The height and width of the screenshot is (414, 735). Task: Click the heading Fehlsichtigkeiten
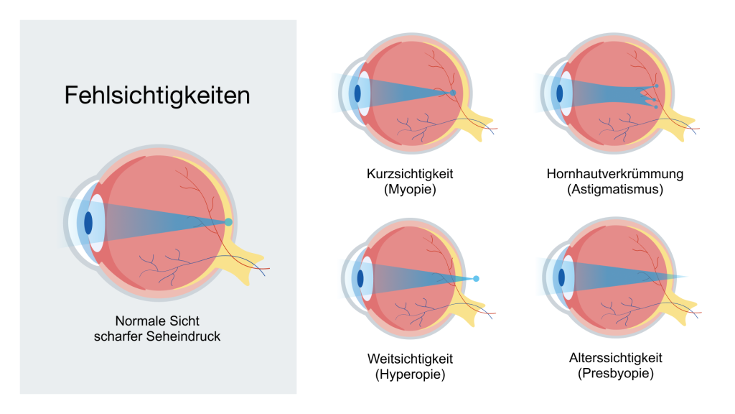pyautogui.click(x=157, y=96)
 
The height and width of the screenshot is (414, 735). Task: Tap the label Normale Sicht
pyautogui.click(x=156, y=321)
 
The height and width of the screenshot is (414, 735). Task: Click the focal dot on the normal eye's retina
pyautogui.click(x=228, y=222)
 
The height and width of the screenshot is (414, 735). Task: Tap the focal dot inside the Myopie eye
pyautogui.click(x=453, y=93)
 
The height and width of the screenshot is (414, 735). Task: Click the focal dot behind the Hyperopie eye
pyautogui.click(x=476, y=277)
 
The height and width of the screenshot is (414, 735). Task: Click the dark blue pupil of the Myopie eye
pyautogui.click(x=357, y=93)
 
